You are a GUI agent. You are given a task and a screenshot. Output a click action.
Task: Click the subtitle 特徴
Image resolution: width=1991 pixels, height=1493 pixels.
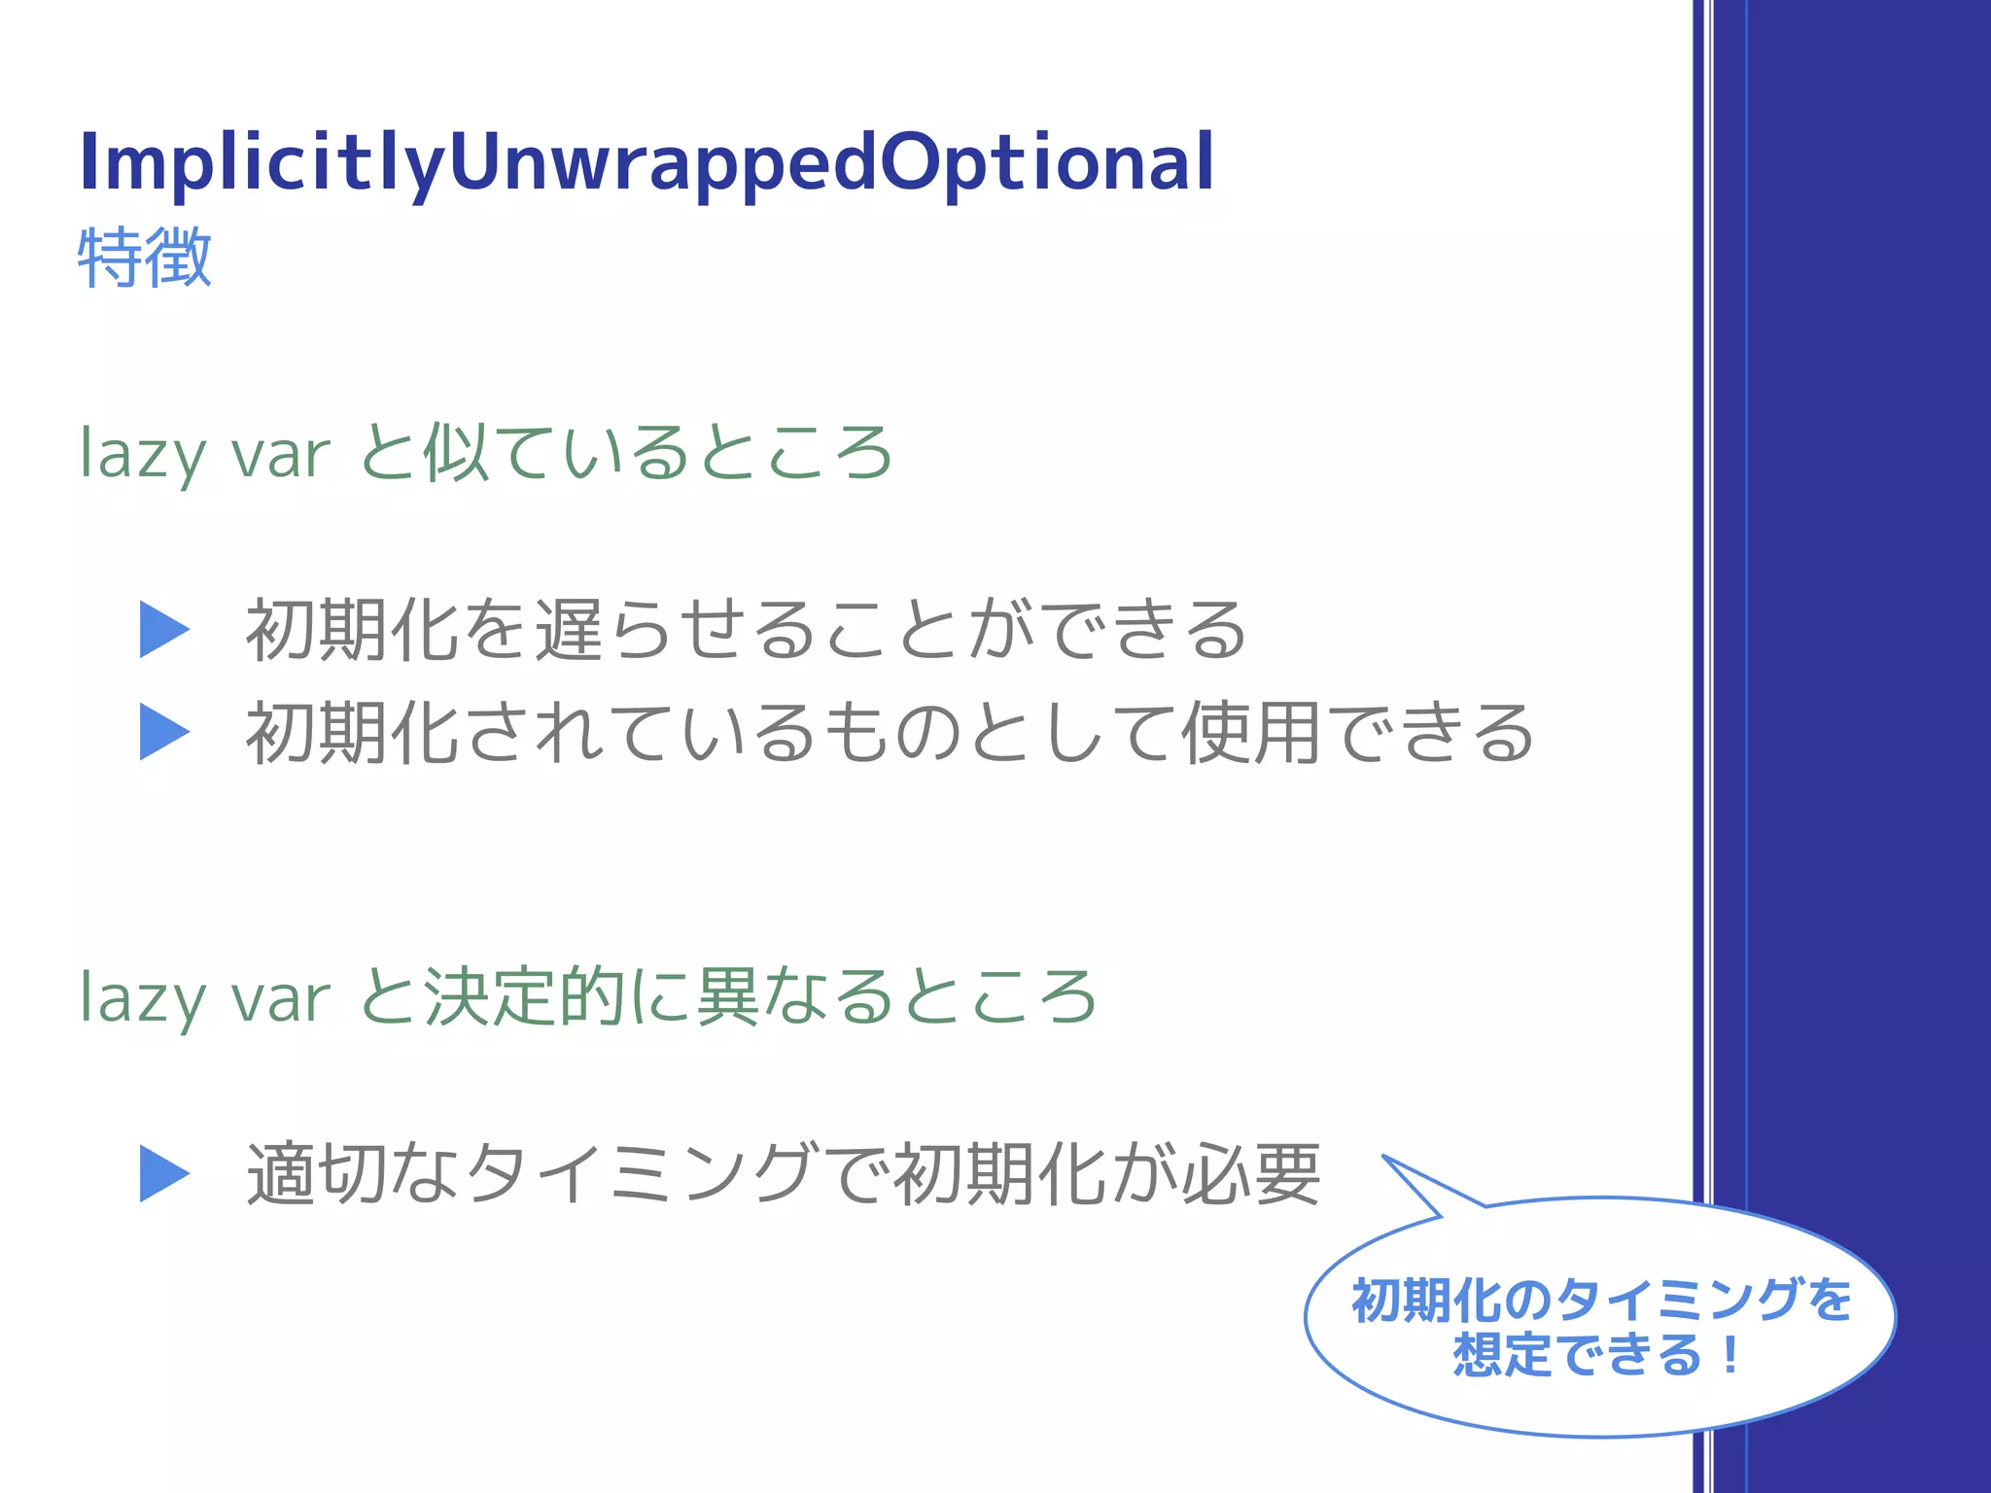(145, 258)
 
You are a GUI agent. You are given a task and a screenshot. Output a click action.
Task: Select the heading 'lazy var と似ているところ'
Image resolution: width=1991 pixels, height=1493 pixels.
(486, 453)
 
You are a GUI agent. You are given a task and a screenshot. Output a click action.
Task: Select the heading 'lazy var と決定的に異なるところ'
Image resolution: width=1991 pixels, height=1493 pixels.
(588, 997)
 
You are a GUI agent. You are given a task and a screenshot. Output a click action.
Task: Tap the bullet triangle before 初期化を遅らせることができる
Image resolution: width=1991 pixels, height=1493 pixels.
(163, 630)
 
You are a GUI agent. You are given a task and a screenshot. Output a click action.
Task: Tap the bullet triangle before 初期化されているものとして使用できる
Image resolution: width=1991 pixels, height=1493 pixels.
(163, 732)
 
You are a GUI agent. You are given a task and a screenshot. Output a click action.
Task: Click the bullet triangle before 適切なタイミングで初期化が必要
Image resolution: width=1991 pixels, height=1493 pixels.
(163, 1174)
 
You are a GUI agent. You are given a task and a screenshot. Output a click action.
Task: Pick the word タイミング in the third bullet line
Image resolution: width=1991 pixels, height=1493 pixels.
(638, 1174)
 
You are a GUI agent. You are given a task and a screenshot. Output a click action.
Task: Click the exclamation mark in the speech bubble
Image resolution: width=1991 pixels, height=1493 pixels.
(1729, 1354)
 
